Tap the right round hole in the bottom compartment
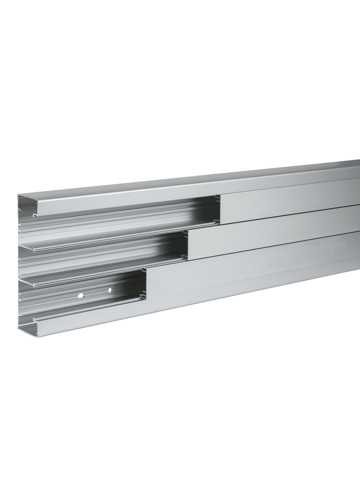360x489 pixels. [109, 290]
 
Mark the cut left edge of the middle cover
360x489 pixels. [189, 245]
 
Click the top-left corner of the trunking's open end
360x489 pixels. [19, 196]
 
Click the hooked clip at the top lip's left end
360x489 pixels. [35, 214]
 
